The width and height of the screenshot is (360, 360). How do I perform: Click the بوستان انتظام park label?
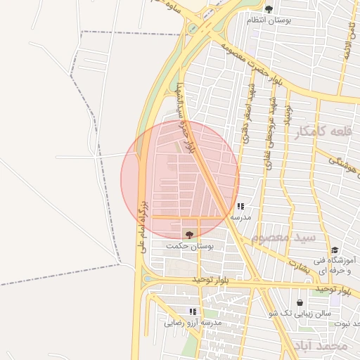tap(269, 20)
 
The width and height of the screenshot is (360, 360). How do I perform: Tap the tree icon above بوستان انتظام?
tap(269, 9)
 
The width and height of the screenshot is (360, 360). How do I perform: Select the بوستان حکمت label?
tap(190, 246)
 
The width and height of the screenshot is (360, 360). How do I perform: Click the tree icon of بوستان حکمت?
tap(188, 234)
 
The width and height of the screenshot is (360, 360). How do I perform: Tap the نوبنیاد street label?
tap(287, 112)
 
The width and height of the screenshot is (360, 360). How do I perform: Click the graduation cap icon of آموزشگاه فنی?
tap(335, 250)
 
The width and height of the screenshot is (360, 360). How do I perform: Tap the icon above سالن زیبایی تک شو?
tap(300, 302)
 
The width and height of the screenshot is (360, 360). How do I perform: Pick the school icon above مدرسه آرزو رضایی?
tap(193, 311)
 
